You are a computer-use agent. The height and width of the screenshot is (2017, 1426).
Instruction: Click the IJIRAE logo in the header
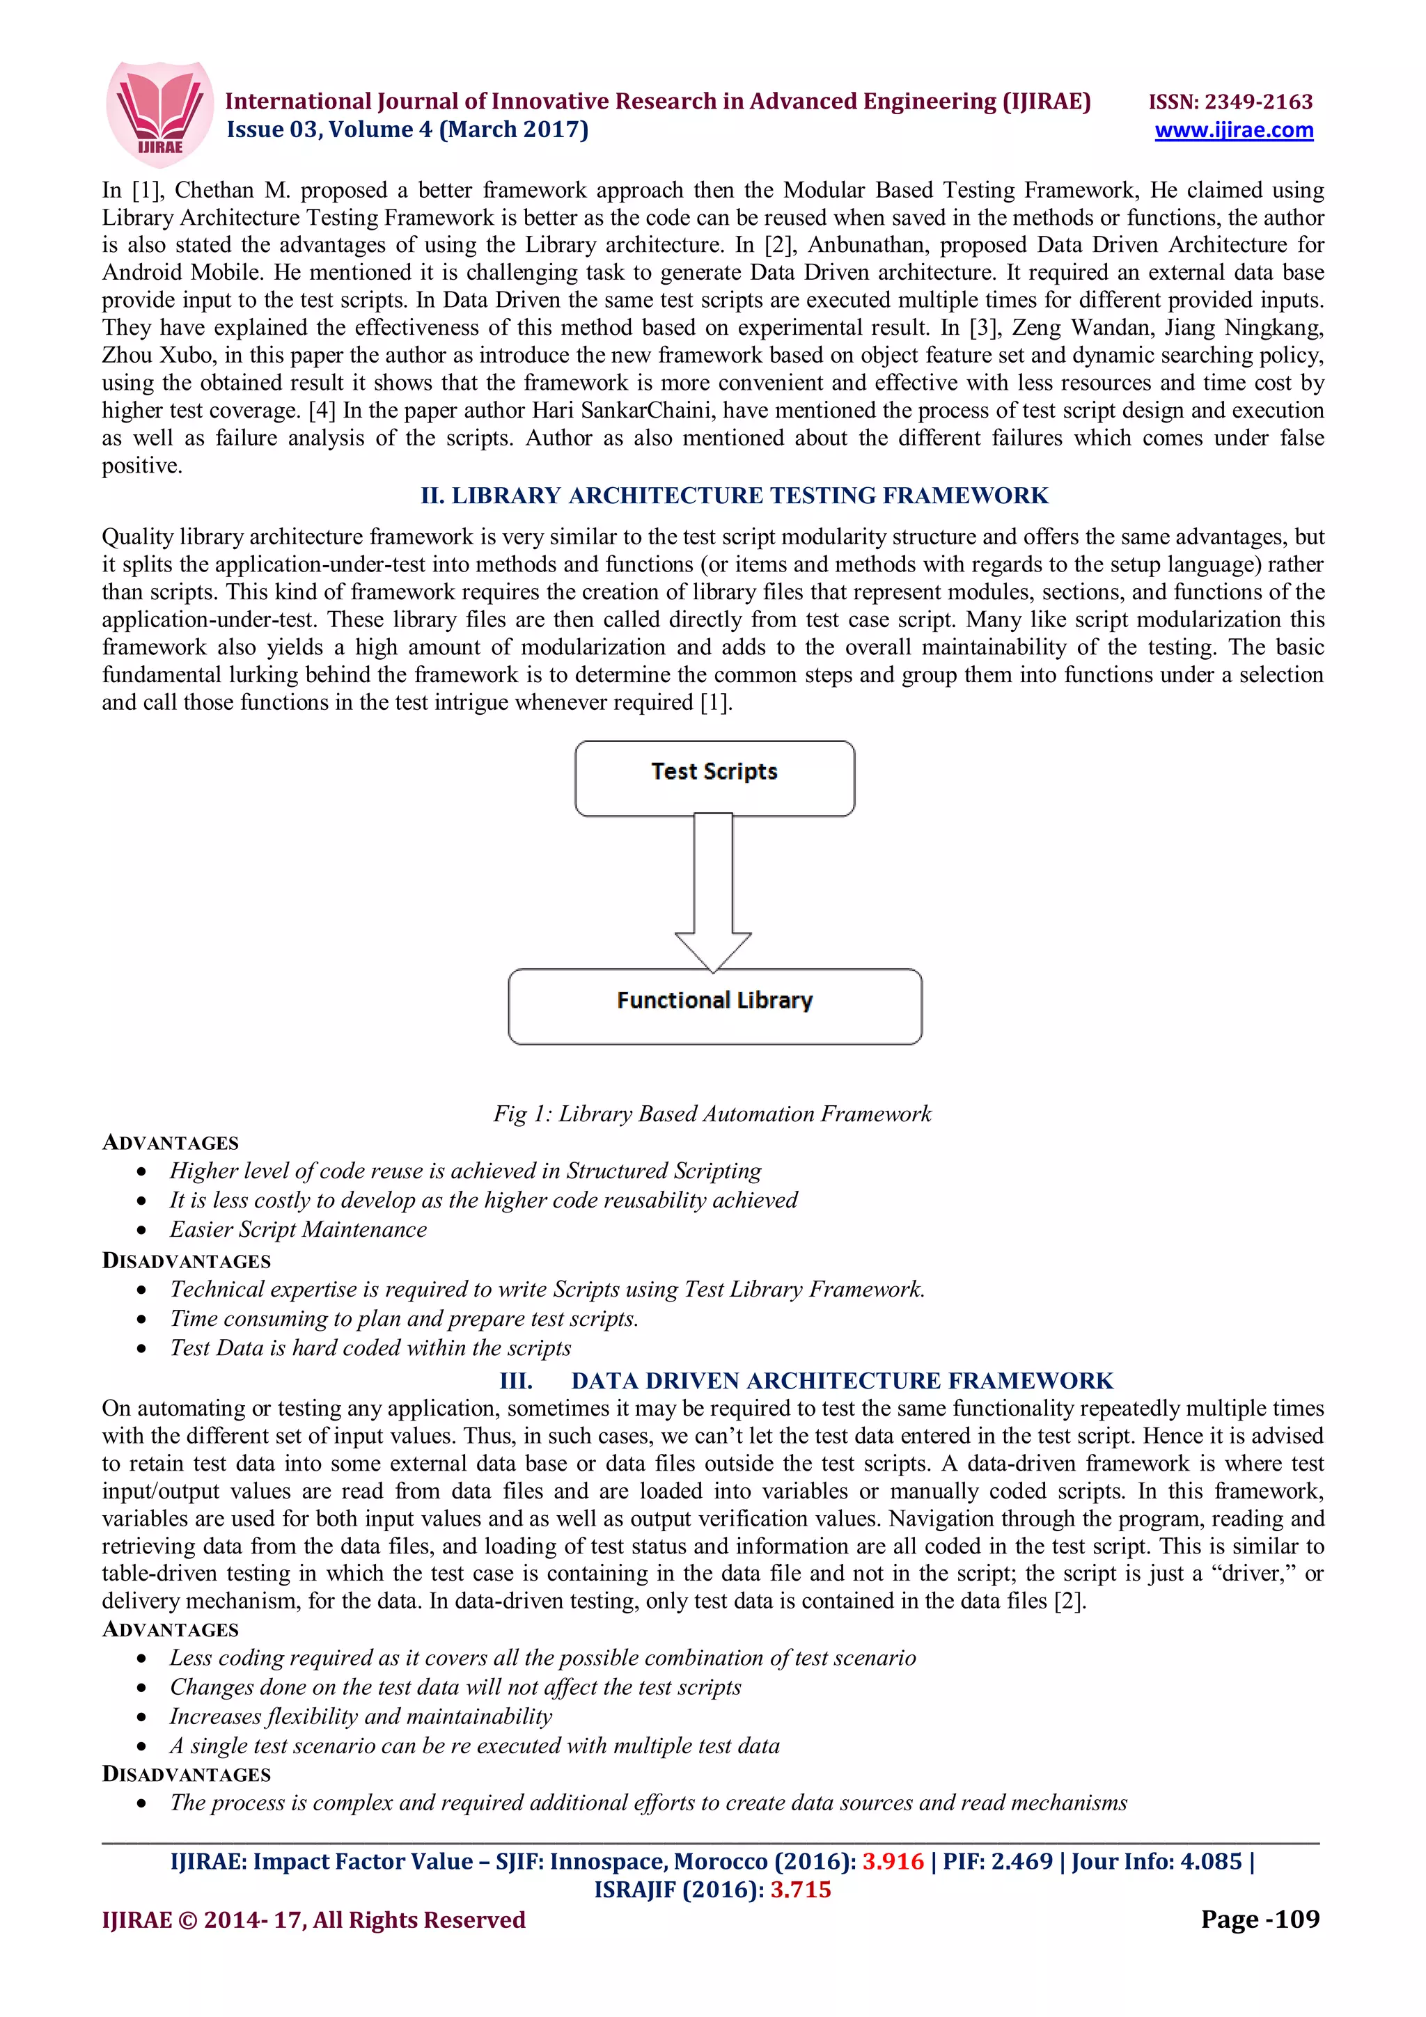[159, 113]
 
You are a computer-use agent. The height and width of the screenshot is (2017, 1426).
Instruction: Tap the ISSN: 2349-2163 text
[1230, 102]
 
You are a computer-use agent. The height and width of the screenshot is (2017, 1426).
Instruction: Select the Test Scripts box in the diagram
[714, 777]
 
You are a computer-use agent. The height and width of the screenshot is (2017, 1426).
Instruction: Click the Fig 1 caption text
[712, 1113]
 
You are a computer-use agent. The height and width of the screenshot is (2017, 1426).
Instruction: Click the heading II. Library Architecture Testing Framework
[734, 496]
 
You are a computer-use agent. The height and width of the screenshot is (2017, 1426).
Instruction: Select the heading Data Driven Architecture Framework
[841, 1380]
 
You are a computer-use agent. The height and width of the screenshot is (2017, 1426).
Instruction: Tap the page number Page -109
[1259, 1919]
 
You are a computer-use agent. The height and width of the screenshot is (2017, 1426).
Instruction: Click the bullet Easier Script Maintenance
[298, 1229]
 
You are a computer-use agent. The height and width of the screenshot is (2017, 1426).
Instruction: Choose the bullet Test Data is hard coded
[370, 1347]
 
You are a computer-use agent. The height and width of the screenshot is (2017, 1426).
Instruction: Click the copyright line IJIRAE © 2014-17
[313, 1920]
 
